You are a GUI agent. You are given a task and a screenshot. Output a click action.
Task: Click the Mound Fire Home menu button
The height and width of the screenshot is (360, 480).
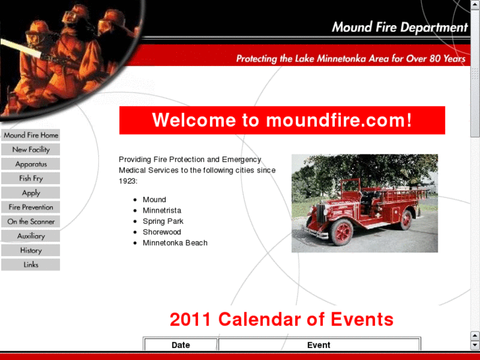(30, 135)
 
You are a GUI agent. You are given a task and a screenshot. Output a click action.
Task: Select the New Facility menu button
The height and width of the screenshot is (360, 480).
(30, 150)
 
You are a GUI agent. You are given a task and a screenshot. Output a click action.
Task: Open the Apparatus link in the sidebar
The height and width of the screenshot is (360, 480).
(30, 164)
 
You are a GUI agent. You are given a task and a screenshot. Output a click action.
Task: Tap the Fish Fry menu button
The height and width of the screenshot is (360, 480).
(30, 178)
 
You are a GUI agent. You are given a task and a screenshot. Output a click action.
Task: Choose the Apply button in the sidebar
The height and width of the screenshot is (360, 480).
(30, 193)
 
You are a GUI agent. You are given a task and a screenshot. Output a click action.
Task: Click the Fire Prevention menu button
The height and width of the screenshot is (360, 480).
(30, 207)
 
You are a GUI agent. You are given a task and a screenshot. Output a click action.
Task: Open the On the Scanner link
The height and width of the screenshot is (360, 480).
(30, 222)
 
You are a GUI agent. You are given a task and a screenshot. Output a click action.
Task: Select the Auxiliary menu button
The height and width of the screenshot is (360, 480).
(30, 236)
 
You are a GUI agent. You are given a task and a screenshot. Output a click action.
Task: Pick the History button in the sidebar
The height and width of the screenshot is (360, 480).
(30, 250)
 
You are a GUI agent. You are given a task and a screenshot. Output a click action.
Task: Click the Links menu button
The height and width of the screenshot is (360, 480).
(30, 265)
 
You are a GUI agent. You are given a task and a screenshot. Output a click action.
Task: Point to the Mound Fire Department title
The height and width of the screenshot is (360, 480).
(399, 27)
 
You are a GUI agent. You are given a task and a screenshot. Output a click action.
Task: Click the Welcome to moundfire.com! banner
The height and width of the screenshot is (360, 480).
(282, 120)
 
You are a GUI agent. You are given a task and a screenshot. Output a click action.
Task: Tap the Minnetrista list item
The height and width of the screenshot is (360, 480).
(162, 211)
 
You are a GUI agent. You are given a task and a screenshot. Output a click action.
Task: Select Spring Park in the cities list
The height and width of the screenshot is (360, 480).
(163, 221)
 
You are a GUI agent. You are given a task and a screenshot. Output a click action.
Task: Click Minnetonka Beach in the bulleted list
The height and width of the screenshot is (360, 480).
(175, 243)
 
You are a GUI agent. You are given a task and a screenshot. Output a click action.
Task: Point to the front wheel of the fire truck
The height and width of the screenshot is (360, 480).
(342, 232)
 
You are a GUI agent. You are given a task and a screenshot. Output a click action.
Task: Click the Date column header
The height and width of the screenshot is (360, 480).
(180, 345)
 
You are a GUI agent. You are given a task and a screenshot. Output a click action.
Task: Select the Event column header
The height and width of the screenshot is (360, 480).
(319, 345)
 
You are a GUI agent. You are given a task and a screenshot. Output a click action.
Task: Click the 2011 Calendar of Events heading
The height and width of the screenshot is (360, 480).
(281, 320)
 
